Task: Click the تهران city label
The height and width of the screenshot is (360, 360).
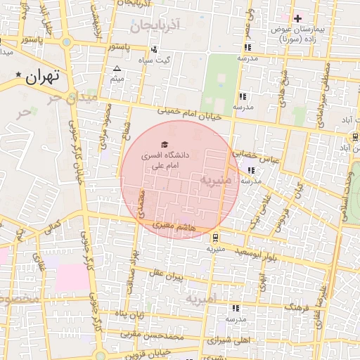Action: [43, 78]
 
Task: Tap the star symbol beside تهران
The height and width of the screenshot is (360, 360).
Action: [18, 74]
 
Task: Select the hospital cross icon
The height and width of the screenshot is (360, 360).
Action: [297, 18]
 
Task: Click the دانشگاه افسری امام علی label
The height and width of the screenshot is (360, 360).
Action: [163, 158]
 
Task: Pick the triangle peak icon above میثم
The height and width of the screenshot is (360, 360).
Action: [117, 68]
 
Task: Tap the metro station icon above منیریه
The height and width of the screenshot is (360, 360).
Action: [215, 237]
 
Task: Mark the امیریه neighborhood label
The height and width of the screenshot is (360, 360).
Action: [205, 299]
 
